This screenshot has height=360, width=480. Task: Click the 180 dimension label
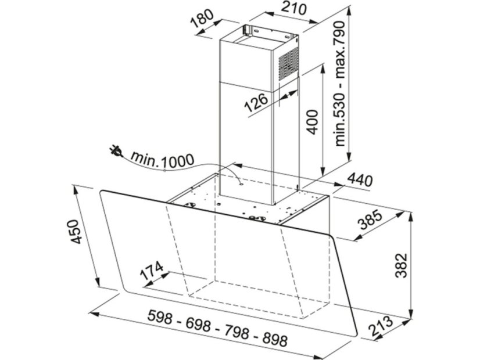tap(202, 19)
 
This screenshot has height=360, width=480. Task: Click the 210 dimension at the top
tap(294, 8)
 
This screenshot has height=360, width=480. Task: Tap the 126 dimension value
tap(256, 102)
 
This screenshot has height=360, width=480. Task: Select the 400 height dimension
tap(312, 122)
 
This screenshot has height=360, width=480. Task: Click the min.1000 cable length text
tap(163, 159)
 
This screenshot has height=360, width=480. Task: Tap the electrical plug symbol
tap(116, 151)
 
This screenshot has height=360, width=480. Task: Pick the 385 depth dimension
tap(371, 219)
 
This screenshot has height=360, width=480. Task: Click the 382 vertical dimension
tap(401, 265)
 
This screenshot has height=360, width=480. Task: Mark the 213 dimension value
tap(381, 326)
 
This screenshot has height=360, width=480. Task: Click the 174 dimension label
tap(151, 271)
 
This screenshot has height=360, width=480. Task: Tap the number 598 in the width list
tap(159, 317)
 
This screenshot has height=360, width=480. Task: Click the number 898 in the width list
tap(275, 339)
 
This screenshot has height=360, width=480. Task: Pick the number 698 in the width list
tap(198, 325)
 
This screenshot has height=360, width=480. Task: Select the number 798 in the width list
tap(237, 332)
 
